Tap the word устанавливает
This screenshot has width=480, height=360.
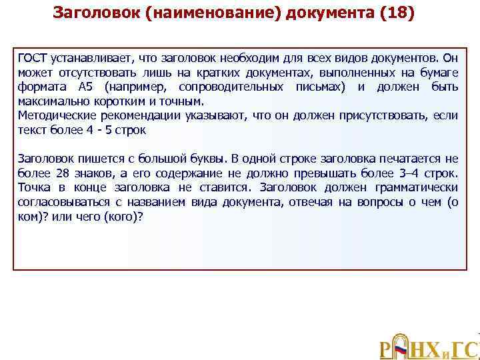click(x=85, y=58)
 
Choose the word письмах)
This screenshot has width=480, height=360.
click(x=321, y=87)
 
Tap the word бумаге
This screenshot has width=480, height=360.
click(x=439, y=73)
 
